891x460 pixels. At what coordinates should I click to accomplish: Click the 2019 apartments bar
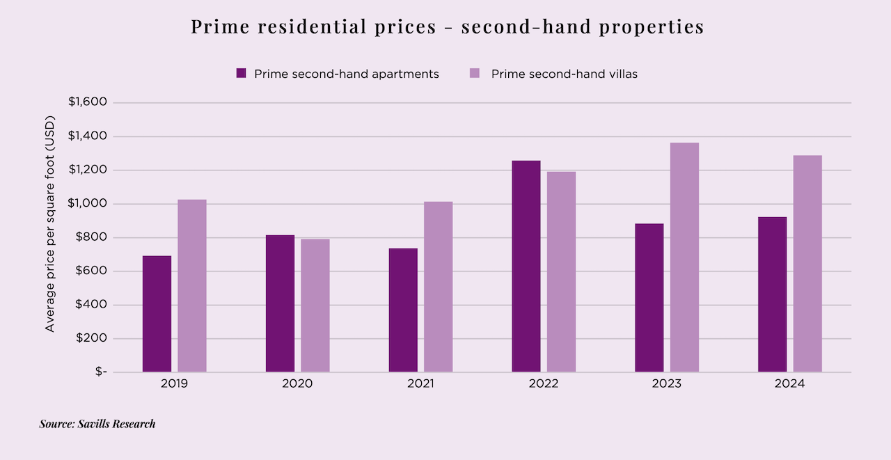(157, 314)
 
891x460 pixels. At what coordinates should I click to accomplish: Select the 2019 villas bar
(192, 285)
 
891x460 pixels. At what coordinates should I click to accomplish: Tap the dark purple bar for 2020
(280, 303)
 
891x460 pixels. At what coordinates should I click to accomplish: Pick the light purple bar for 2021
(439, 287)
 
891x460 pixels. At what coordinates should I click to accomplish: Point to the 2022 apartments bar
(526, 267)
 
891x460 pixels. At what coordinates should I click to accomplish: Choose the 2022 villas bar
(561, 271)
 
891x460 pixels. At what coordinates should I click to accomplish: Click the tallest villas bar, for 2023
(684, 257)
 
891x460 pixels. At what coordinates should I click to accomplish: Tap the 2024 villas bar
(807, 264)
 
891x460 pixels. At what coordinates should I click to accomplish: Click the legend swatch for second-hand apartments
(242, 73)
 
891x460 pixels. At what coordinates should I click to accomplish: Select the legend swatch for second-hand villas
(475, 73)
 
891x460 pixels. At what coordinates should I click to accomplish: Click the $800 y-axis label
(92, 237)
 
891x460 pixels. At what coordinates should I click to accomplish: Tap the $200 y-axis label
(92, 339)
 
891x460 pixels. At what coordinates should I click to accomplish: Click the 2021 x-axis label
(420, 383)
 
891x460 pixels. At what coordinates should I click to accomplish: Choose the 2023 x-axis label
(667, 383)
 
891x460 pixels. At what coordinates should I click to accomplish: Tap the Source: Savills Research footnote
(97, 423)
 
